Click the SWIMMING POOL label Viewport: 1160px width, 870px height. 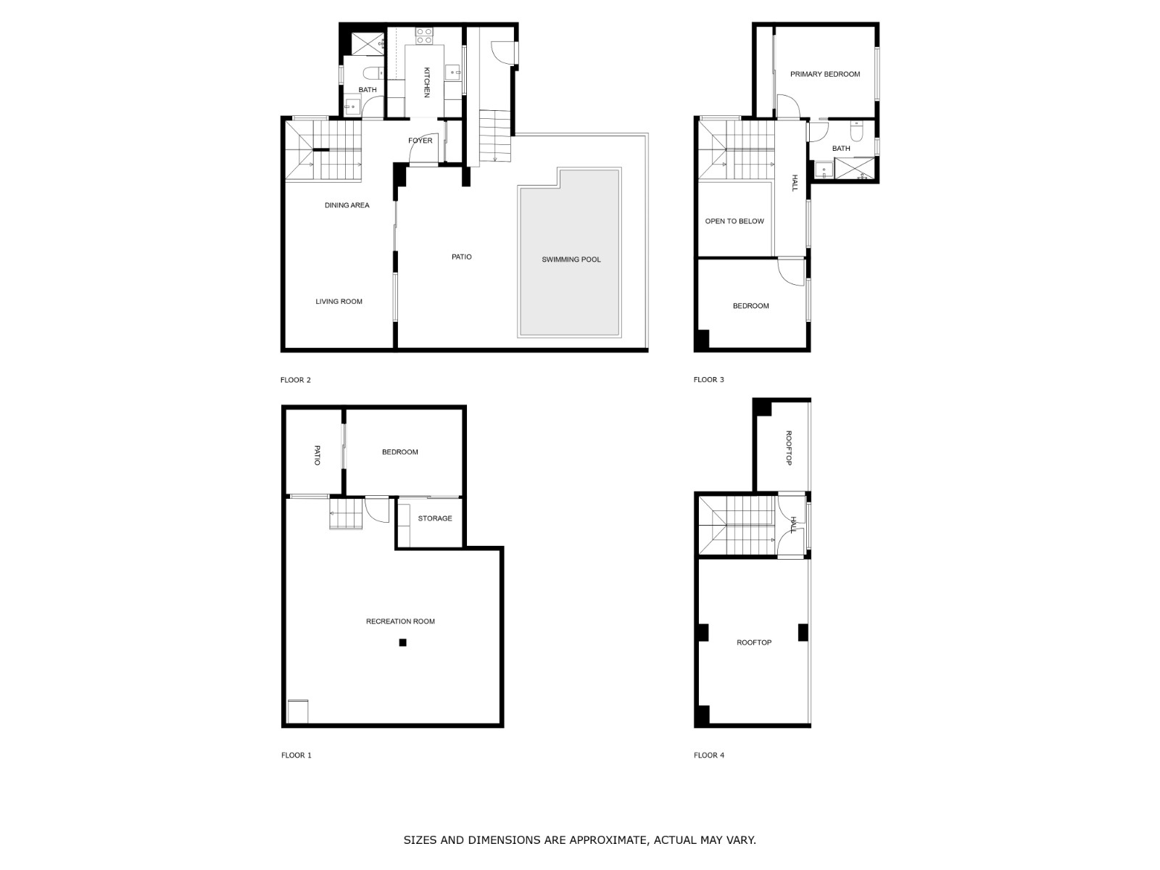pos(571,260)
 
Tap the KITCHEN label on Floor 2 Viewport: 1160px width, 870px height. pos(426,82)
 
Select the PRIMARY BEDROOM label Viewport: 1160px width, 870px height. pos(824,75)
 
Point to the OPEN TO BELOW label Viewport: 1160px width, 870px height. pos(734,221)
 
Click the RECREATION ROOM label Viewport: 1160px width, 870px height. pos(400,621)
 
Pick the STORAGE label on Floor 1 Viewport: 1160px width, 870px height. pos(434,518)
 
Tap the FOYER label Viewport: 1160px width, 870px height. pos(420,141)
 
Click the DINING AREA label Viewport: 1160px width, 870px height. pos(347,205)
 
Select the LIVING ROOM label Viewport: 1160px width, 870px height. pos(339,302)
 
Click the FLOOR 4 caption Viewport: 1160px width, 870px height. pos(708,755)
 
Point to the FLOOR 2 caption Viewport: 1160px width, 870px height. pos(295,380)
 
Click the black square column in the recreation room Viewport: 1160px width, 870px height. pos(402,642)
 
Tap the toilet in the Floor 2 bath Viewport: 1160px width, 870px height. pos(373,72)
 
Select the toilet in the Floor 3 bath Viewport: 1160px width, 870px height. pos(856,131)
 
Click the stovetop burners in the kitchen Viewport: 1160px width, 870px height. pos(424,36)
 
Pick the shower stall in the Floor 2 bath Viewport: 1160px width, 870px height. pos(368,43)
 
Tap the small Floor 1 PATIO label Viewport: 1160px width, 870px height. pos(317,455)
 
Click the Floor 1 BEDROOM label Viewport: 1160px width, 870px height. pos(399,452)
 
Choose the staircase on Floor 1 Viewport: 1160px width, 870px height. pos(346,513)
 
